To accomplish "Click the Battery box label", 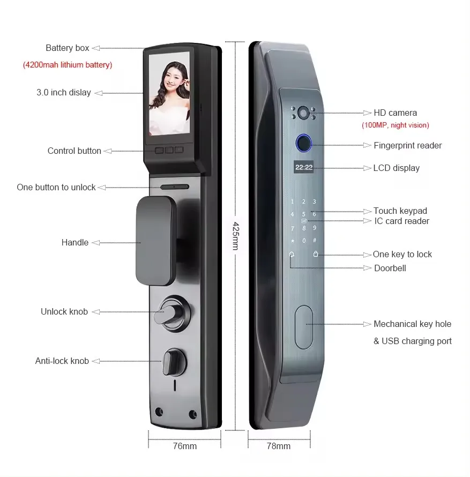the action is pos(67,48).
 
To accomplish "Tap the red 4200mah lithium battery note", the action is pos(67,65).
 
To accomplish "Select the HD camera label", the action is pos(395,113).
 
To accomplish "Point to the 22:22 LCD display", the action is pos(304,167).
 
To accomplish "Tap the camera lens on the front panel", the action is pos(303,113).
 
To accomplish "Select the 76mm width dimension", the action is pos(184,446).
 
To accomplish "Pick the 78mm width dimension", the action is pos(279,446).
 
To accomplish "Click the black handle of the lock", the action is pos(156,241).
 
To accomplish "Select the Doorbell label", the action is pos(390,268).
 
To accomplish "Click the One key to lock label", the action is pos(402,254).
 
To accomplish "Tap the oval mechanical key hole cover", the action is pos(304,324).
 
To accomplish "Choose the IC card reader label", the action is pos(401,221).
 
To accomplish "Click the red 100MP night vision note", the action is pos(395,125).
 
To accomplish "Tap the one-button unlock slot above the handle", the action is pos(174,188).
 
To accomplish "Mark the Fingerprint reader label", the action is pos(407,145).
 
